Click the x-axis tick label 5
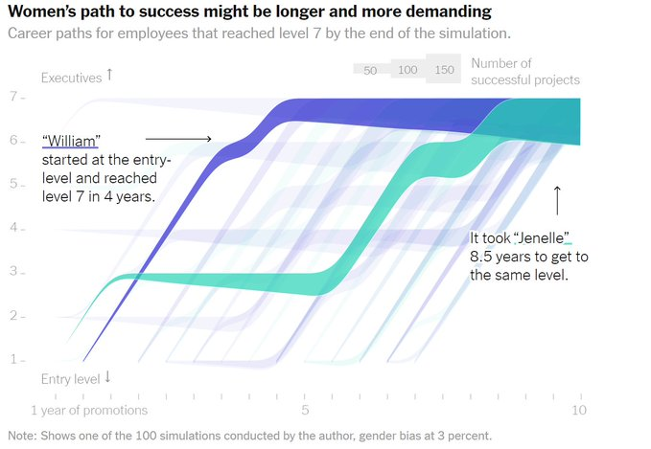[305, 411]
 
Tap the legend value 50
[370, 71]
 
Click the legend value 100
[407, 71]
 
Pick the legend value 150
[444, 71]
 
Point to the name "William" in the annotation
[71, 141]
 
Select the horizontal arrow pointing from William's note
[177, 139]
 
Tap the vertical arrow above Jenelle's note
[557, 200]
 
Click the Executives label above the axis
[72, 78]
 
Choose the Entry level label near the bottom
[70, 379]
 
